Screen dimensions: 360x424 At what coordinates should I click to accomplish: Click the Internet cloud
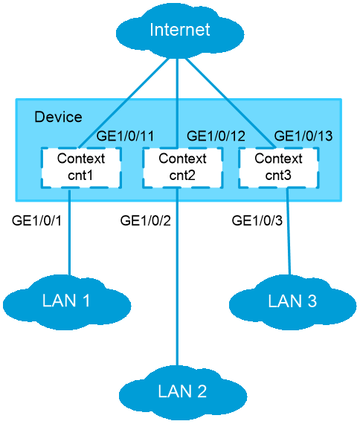[x=180, y=31]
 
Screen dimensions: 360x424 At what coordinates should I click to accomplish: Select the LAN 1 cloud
[x=67, y=302]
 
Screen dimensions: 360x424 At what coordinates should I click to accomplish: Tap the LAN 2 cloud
[x=183, y=392]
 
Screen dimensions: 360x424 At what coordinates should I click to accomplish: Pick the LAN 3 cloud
[x=292, y=302]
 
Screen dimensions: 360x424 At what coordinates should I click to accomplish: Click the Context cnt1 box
[x=81, y=167]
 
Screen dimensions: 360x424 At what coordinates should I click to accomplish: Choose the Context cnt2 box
[x=182, y=167]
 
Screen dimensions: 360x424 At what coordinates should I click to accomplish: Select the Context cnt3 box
[x=279, y=167]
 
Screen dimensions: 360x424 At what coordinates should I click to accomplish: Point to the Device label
[x=58, y=117]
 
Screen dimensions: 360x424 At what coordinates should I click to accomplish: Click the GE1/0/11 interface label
[x=125, y=135]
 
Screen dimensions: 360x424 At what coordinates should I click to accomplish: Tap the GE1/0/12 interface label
[x=216, y=135]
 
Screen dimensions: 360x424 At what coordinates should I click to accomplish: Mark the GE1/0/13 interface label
[x=303, y=135]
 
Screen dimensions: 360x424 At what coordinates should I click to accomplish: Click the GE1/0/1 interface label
[x=36, y=221]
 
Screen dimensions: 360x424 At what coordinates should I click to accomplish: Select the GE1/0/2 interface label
[x=146, y=221]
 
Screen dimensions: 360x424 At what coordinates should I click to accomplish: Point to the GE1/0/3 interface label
[x=257, y=221]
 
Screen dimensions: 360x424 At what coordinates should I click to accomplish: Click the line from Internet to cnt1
[x=123, y=103]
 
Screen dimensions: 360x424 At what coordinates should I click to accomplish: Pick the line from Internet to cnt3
[x=231, y=103]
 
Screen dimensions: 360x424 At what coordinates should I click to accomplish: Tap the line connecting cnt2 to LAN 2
[x=178, y=277]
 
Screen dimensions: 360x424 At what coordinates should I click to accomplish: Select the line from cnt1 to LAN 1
[x=69, y=233]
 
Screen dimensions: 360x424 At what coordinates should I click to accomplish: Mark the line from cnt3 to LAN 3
[x=289, y=231]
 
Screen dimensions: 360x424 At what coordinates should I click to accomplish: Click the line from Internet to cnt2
[x=177, y=103]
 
